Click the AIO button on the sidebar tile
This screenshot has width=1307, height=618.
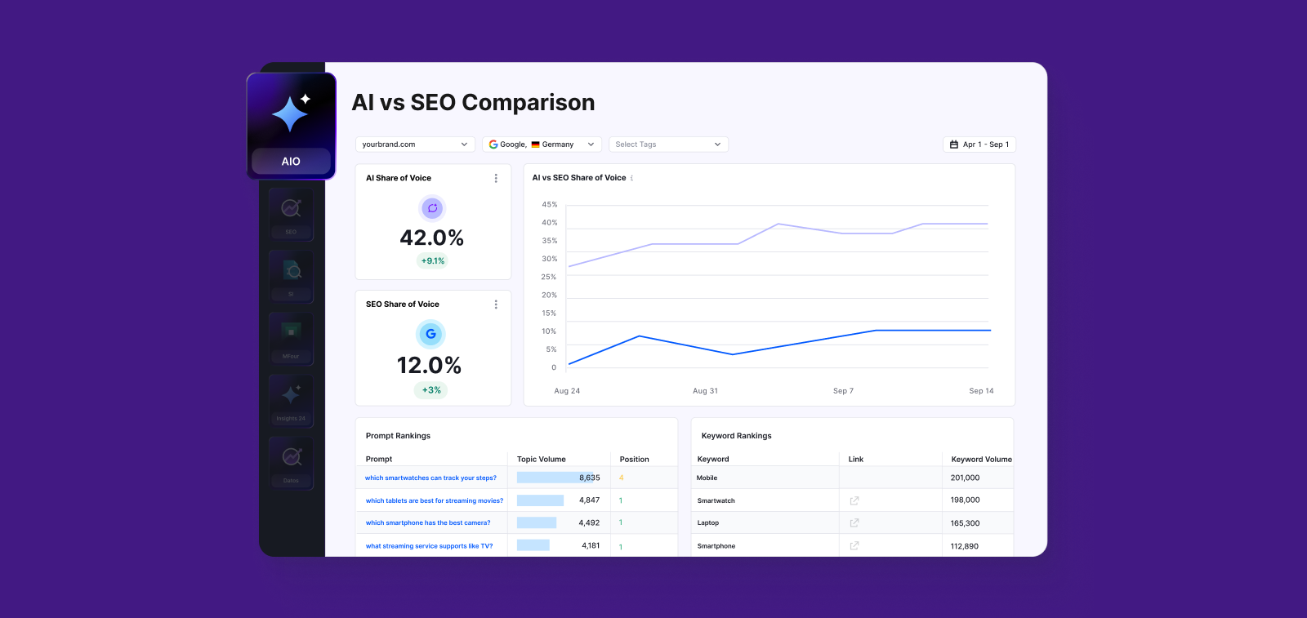point(291,161)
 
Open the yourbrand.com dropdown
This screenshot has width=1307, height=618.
point(415,144)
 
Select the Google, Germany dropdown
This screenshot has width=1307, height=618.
point(542,144)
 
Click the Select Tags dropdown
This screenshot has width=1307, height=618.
point(667,144)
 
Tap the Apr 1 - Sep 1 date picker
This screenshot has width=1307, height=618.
point(979,144)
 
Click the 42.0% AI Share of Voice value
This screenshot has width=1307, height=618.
point(431,238)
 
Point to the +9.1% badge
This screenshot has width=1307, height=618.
point(433,261)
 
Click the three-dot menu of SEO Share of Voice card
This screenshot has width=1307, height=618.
point(496,305)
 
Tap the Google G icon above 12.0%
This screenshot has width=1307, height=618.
point(430,334)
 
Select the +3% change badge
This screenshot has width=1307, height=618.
point(431,390)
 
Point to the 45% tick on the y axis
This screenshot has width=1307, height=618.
point(549,205)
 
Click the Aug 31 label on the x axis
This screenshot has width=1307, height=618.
point(705,391)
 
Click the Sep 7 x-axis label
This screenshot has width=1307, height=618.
point(843,391)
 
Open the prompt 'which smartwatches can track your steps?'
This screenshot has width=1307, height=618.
point(430,478)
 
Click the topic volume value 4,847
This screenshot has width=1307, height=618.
point(589,500)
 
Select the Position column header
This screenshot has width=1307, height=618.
point(634,460)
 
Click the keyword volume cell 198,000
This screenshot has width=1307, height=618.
point(965,500)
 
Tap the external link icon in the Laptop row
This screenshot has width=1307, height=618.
point(854,522)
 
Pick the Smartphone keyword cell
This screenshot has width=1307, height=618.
point(716,546)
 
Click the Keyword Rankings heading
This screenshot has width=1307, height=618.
point(736,436)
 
